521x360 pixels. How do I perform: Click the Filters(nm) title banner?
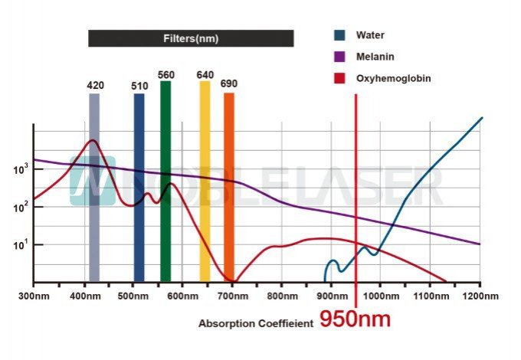coord(191,38)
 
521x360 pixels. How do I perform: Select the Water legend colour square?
coord(339,35)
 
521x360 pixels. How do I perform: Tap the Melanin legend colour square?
coord(339,57)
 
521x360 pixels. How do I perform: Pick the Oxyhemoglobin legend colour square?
coord(339,78)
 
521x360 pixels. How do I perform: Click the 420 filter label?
coord(95,86)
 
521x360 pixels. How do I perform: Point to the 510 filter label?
coord(139,87)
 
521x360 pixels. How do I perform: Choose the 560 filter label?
coord(166,75)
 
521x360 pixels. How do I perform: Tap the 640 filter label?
coord(205,75)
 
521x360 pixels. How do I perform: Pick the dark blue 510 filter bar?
coord(139,188)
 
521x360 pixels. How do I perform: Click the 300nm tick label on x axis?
coord(33,295)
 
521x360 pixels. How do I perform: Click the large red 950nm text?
coord(355,319)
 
